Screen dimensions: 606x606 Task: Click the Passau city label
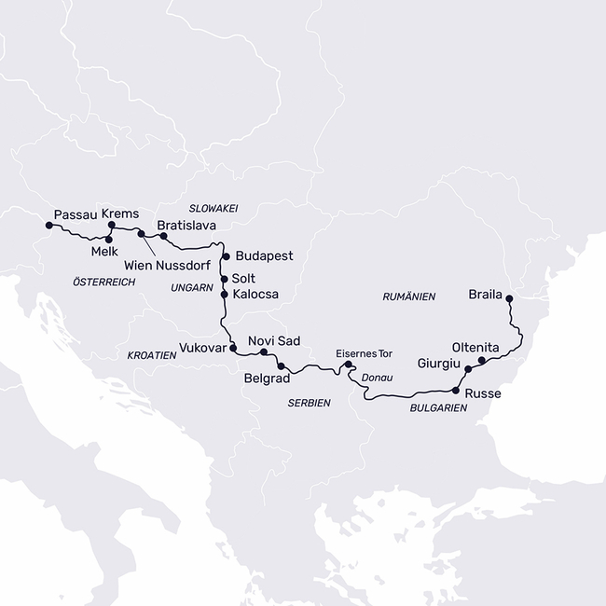(x=75, y=213)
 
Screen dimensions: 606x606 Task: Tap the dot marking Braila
(x=509, y=298)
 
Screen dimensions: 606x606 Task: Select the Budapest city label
(x=265, y=255)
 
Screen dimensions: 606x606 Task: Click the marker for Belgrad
(x=281, y=366)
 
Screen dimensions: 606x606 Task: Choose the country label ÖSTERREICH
(x=103, y=281)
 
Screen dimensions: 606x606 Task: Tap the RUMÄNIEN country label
(x=409, y=296)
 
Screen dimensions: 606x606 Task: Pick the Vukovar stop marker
(x=232, y=348)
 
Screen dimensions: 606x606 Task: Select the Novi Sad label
(x=274, y=340)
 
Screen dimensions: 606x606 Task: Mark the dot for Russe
(x=455, y=390)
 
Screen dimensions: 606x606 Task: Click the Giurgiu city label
(x=438, y=363)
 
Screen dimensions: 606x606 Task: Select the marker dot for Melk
(x=110, y=240)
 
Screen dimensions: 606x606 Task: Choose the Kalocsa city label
(x=255, y=295)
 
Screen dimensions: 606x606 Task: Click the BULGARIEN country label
(x=438, y=407)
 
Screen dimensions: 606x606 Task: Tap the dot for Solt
(x=224, y=279)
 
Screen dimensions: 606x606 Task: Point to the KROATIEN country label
(x=152, y=355)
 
